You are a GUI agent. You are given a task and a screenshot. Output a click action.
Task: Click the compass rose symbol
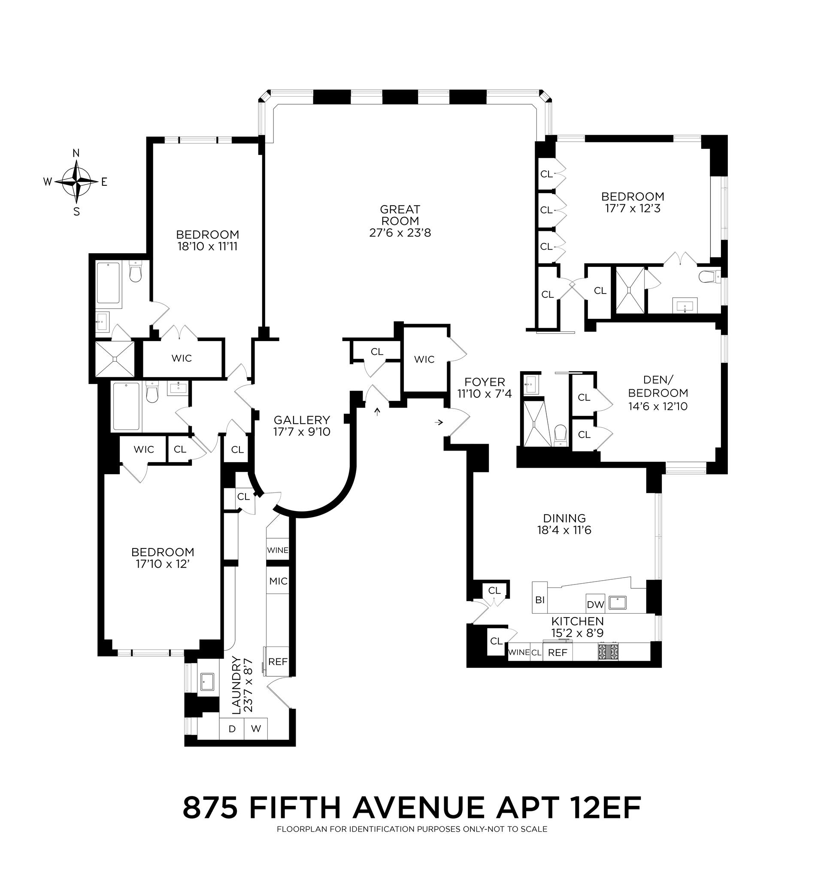(x=77, y=182)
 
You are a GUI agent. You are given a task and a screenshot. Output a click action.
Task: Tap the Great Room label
(x=400, y=221)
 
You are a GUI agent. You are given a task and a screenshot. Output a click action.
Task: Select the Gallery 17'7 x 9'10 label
(x=302, y=426)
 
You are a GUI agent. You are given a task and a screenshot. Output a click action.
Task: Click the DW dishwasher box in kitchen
(x=595, y=604)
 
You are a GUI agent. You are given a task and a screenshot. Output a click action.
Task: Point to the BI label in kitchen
(x=539, y=600)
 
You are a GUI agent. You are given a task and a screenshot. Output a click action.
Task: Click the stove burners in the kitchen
(x=608, y=652)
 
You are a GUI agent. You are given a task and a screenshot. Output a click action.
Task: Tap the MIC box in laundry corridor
(x=278, y=581)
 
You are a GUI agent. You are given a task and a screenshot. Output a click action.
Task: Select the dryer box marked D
(x=232, y=729)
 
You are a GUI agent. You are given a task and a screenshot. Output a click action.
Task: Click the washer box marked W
(x=256, y=729)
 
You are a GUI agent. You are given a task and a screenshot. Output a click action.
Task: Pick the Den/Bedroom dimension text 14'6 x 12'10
(x=658, y=406)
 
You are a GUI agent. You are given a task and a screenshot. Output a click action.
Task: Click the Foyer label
(x=485, y=382)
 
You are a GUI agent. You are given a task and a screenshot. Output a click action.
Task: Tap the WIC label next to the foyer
(x=424, y=360)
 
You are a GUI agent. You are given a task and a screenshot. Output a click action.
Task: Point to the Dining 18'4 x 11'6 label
(x=564, y=524)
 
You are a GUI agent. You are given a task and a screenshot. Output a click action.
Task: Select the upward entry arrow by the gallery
(x=377, y=412)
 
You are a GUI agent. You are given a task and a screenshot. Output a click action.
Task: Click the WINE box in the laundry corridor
(x=278, y=550)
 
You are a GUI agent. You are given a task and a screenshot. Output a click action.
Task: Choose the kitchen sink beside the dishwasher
(x=618, y=602)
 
